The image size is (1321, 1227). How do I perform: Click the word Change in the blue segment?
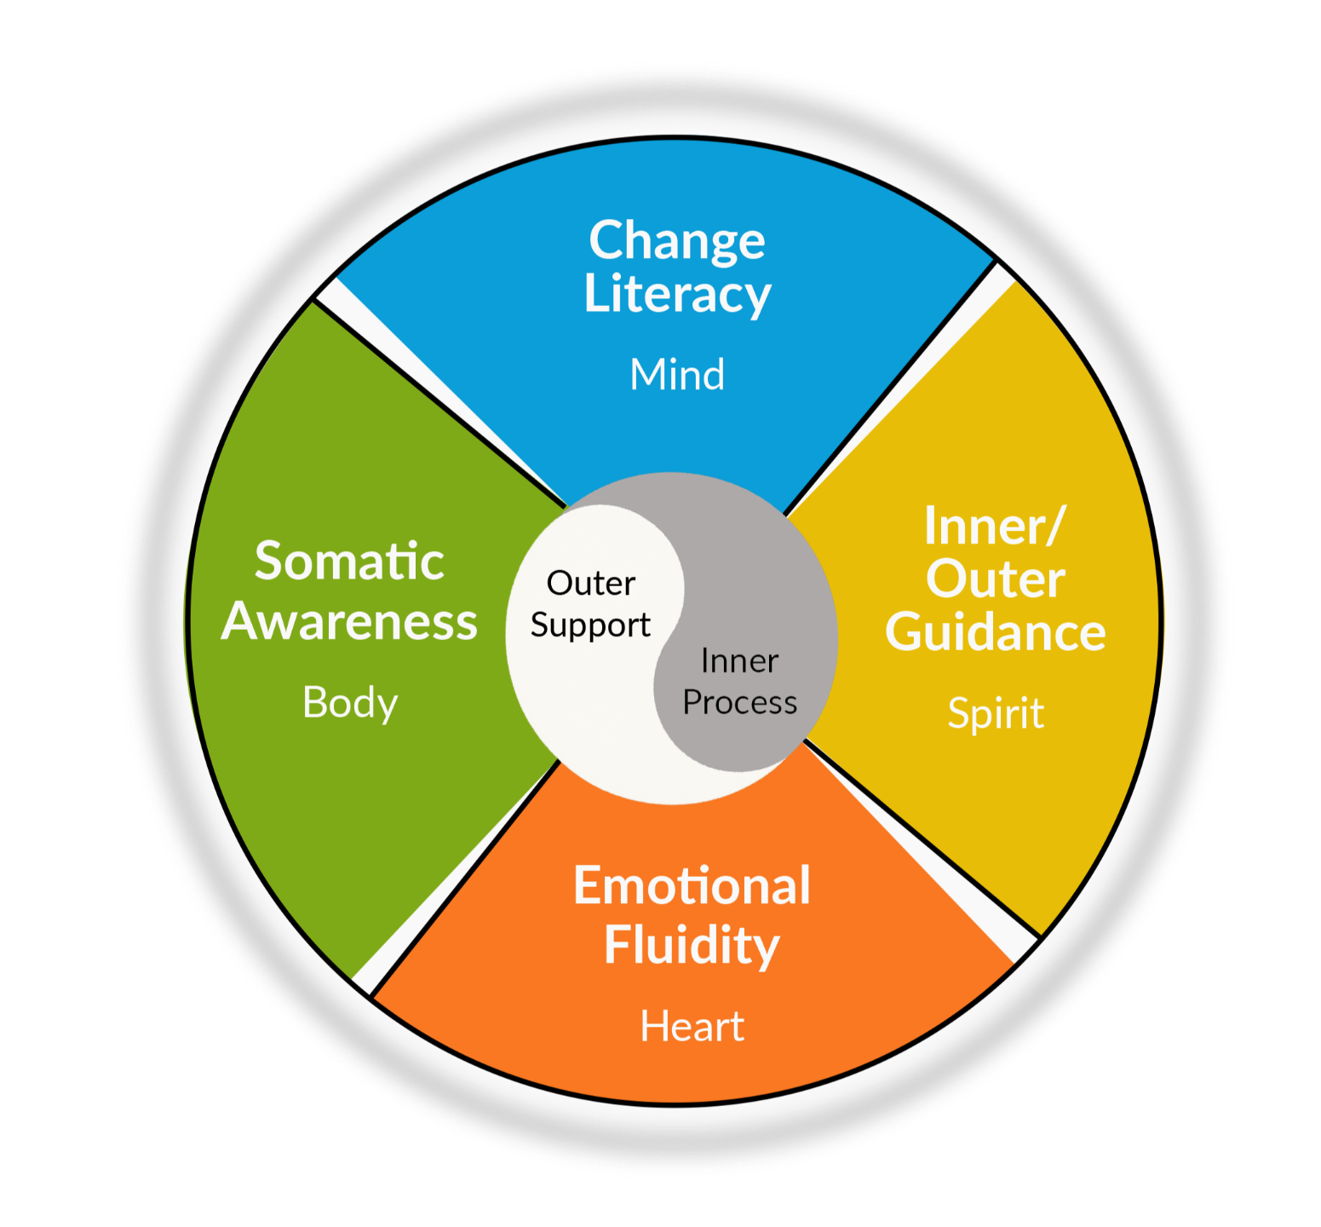pyautogui.click(x=677, y=241)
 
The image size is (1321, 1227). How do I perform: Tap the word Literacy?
pyautogui.click(x=677, y=295)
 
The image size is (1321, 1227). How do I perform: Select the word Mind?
pyautogui.click(x=677, y=375)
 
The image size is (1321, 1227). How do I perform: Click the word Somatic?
pyautogui.click(x=349, y=562)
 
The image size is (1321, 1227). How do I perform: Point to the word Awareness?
pyautogui.click(x=349, y=622)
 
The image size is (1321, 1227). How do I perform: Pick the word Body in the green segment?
pyautogui.click(x=350, y=704)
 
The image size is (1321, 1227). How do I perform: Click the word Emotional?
pyautogui.click(x=692, y=886)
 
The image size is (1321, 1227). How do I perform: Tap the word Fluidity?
pyautogui.click(x=692, y=945)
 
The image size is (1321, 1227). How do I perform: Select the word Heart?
pyautogui.click(x=692, y=1027)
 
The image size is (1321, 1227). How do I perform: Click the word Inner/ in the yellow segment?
pyautogui.click(x=994, y=527)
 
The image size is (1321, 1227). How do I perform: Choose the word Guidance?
pyautogui.click(x=995, y=633)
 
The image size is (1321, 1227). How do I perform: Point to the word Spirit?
pyautogui.click(x=996, y=714)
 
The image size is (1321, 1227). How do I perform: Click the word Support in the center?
pyautogui.click(x=590, y=626)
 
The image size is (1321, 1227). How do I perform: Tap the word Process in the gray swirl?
pyautogui.click(x=739, y=703)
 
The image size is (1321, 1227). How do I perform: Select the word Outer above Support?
pyautogui.click(x=591, y=585)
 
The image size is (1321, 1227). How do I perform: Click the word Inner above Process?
pyautogui.click(x=739, y=661)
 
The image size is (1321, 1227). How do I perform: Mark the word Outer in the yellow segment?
pyautogui.click(x=995, y=580)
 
